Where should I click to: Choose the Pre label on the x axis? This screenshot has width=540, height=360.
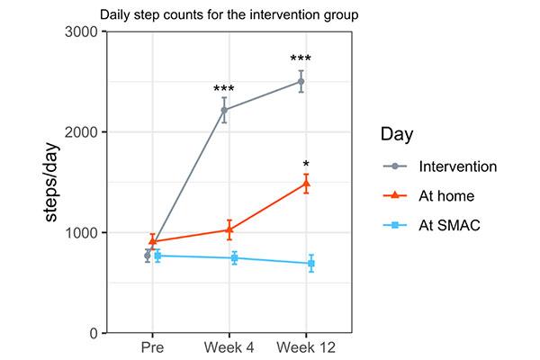coord(151,347)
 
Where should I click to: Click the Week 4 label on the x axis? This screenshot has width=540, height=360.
coord(229,347)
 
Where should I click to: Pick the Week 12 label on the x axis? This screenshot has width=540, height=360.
coord(306,347)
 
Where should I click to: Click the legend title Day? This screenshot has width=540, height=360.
coord(398,135)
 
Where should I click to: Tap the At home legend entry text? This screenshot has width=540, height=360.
coord(445,196)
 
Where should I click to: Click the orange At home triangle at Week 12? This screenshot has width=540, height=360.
coord(306,184)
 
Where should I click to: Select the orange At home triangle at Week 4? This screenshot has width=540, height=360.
coord(229,229)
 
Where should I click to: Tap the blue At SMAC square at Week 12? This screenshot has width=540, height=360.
coord(311,264)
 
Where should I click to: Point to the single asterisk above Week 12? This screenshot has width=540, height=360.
coord(306,166)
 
